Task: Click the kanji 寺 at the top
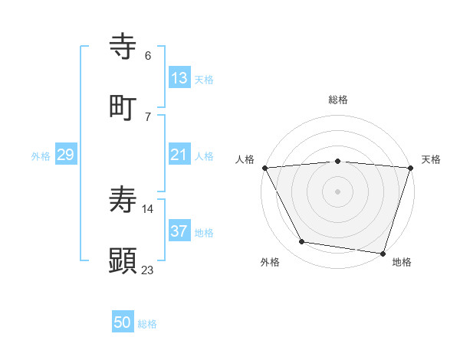pos(123,46)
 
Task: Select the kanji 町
pos(123,106)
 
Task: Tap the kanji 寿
pos(123,201)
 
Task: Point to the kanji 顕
pos(123,260)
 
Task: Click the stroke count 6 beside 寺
pos(148,56)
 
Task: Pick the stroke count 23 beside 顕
pos(148,270)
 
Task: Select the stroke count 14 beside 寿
pos(148,208)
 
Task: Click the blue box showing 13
pos(179,78)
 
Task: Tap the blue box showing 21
pos(179,155)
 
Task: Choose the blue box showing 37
pos(179,231)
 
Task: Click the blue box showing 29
pos(66,155)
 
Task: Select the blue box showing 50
pos(123,322)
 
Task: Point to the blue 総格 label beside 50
pos(147,324)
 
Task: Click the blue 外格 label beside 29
pos(41,156)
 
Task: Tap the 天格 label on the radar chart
pos(431,159)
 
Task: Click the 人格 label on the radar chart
pos(245,159)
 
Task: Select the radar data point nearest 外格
pos(302,242)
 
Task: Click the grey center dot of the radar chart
pos(337,191)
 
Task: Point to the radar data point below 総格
pos(337,161)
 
